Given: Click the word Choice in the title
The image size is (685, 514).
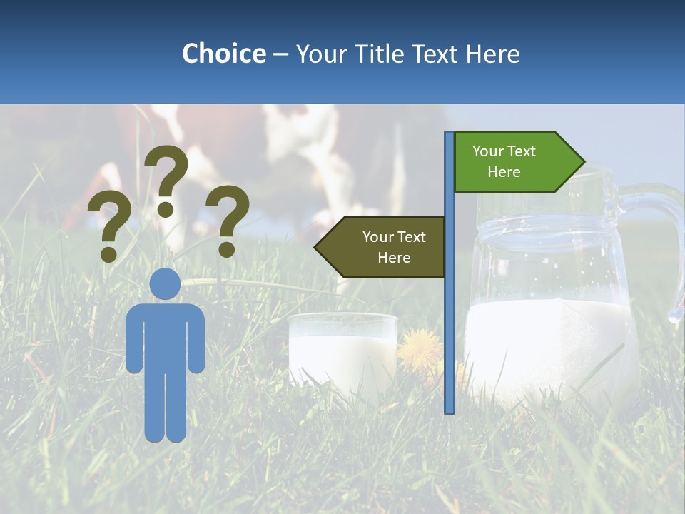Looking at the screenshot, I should [x=223, y=54].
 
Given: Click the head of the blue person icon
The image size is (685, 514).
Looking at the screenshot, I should [x=166, y=283].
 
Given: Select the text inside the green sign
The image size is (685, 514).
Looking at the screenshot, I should [x=504, y=162].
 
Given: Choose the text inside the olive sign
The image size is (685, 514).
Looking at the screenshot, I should [x=394, y=247].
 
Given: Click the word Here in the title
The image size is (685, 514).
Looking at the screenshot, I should [x=492, y=54].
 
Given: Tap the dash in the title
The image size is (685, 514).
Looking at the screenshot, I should [x=280, y=54].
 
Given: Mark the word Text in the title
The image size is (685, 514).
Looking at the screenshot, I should [x=436, y=54].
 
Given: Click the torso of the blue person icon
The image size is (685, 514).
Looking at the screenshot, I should [x=166, y=336].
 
